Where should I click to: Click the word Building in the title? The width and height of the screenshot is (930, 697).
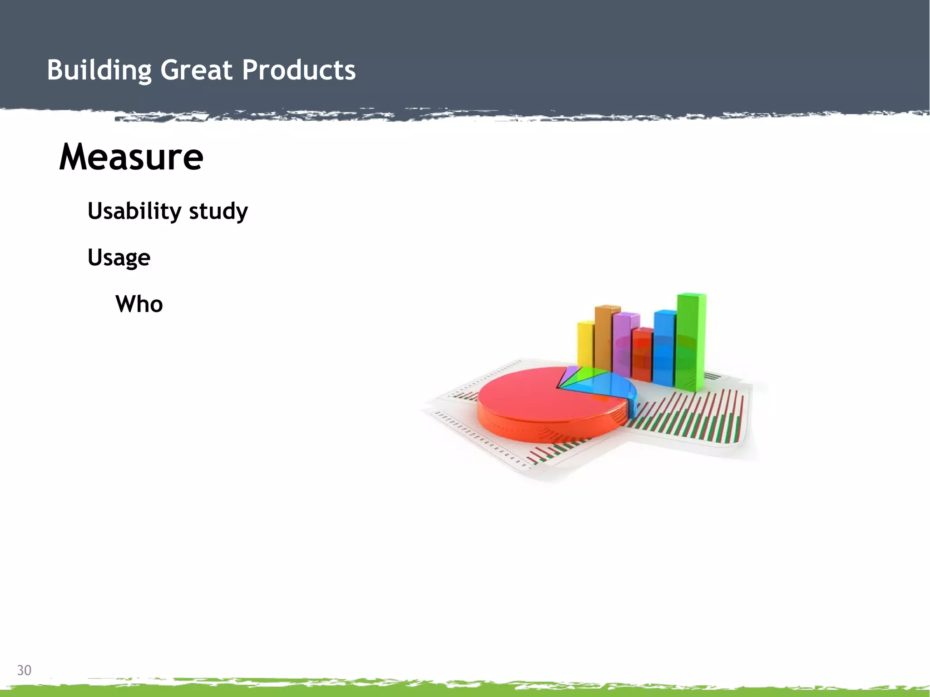99,70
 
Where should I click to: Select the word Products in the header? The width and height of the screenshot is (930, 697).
298,70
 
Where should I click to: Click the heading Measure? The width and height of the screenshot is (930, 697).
131,157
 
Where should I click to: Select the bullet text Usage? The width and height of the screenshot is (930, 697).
119,258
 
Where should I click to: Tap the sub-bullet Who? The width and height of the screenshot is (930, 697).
139,304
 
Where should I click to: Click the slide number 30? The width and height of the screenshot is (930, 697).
24,670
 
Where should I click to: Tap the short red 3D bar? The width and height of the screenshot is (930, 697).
642,354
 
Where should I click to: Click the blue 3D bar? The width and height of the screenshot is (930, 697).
664,347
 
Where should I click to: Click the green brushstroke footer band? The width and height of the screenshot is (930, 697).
465,690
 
